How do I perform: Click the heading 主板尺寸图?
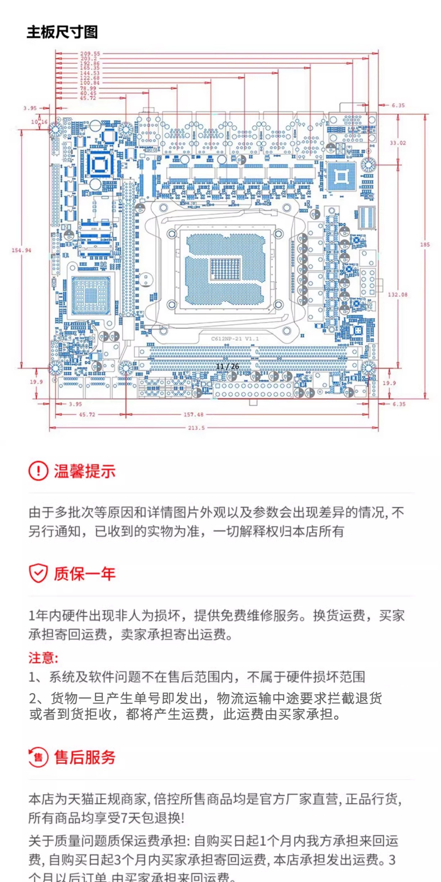click(62, 32)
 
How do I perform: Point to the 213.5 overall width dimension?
click(196, 428)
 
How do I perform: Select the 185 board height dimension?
click(425, 245)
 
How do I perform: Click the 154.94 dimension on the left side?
click(21, 250)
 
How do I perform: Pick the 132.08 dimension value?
click(397, 294)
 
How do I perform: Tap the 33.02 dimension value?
click(397, 143)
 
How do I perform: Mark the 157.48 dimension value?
click(193, 415)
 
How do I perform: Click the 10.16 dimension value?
click(39, 122)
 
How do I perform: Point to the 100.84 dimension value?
click(90, 83)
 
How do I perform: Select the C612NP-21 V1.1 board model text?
click(235, 339)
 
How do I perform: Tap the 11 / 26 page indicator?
click(228, 366)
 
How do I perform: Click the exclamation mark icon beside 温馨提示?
click(38, 471)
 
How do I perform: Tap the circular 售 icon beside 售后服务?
click(38, 757)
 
